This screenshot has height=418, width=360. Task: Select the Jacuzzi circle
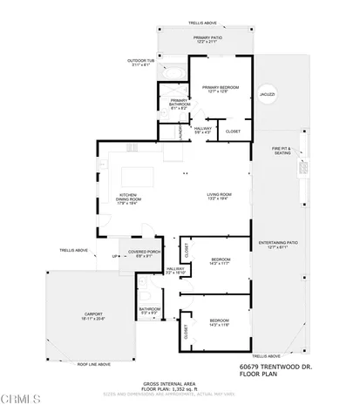(x=268, y=94)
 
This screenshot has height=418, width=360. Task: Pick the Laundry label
(x=179, y=131)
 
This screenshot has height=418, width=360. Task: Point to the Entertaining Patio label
(x=279, y=244)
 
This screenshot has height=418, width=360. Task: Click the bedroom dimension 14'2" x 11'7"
(x=220, y=264)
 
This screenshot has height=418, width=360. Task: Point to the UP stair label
(x=114, y=256)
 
